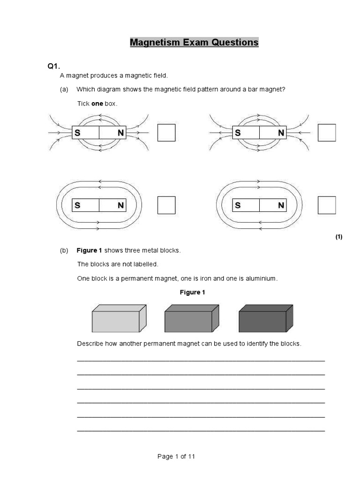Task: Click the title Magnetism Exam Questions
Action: pyautogui.click(x=194, y=43)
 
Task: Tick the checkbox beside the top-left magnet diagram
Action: pyautogui.click(x=166, y=133)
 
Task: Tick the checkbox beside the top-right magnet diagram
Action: pyautogui.click(x=327, y=133)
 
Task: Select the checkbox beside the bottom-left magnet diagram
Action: pyautogui.click(x=166, y=205)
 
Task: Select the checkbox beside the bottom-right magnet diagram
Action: pyautogui.click(x=327, y=205)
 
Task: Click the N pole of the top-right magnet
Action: pyautogui.click(x=281, y=133)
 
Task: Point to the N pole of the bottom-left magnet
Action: pyautogui.click(x=120, y=205)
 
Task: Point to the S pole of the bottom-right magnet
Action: pyautogui.click(x=238, y=205)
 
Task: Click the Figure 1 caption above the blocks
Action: pyautogui.click(x=193, y=292)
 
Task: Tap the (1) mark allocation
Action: pyautogui.click(x=339, y=237)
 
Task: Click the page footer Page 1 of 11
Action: pyautogui.click(x=176, y=457)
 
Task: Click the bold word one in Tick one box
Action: pyautogui.click(x=97, y=104)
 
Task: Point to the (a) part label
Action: pyautogui.click(x=64, y=90)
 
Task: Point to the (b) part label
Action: pyautogui.click(x=64, y=250)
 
